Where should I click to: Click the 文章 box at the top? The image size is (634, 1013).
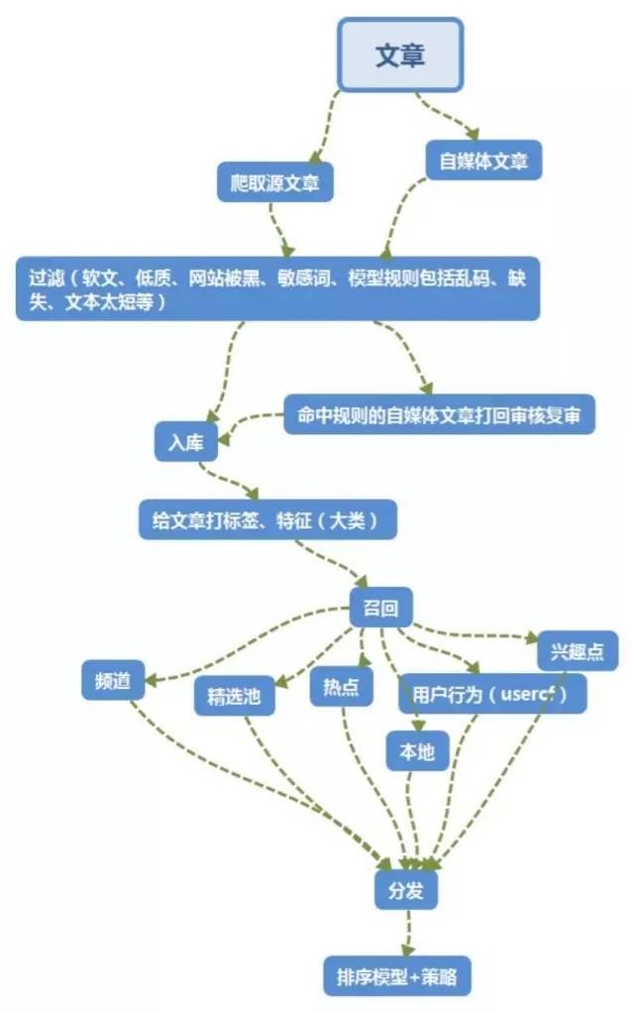point(400,54)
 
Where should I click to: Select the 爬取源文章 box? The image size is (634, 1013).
point(274,183)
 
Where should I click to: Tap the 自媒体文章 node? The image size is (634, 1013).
point(483,160)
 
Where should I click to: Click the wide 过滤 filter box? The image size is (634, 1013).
point(277,288)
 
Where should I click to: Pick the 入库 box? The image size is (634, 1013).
point(185,442)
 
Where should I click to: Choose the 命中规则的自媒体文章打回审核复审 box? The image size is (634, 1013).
point(439,416)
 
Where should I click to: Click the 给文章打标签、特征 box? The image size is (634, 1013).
point(267,518)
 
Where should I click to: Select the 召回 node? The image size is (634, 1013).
point(380,608)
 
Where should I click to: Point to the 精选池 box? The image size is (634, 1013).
point(234,696)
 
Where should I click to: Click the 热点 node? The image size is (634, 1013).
point(341,688)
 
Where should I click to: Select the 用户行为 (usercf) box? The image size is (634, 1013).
point(492,694)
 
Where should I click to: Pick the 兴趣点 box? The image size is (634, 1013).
point(578,653)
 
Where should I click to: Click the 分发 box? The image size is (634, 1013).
point(406,890)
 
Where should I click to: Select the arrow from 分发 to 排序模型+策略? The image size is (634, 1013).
point(406,933)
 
